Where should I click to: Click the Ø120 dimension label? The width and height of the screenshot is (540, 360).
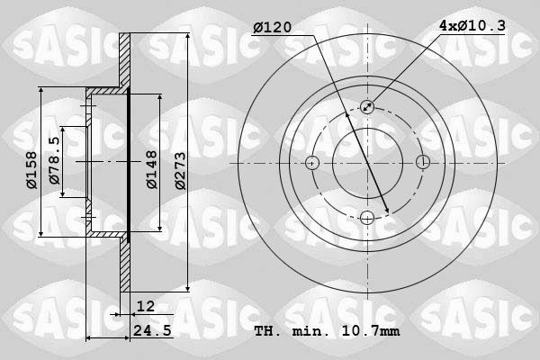273,28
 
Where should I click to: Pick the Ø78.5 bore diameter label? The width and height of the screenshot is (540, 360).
55,163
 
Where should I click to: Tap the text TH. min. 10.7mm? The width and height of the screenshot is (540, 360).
327,331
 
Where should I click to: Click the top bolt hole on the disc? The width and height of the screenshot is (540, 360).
367,107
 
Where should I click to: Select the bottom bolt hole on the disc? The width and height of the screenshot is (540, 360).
367,217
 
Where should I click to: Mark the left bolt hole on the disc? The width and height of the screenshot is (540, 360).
312,163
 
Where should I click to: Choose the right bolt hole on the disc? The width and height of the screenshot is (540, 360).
422,163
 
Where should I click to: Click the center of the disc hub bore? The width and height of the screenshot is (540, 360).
367,163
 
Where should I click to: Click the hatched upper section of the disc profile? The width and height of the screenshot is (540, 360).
125,63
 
